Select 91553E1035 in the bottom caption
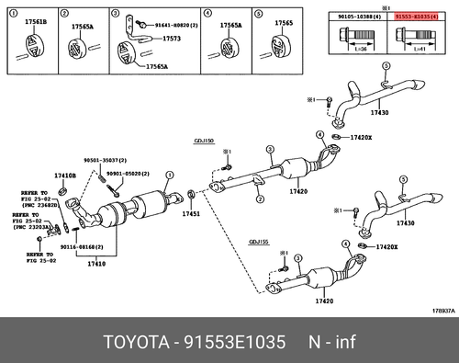[x=234, y=344]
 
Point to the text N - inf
[x=325, y=344]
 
